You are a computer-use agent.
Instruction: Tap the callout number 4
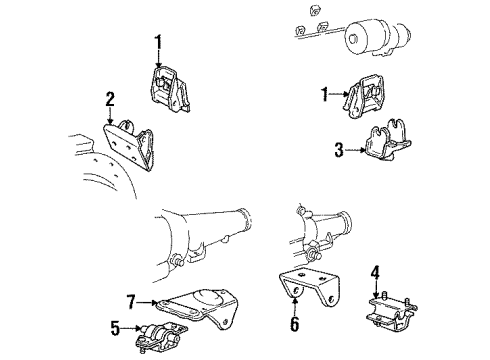(375, 270)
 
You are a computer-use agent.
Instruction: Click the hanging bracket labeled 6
(302, 285)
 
